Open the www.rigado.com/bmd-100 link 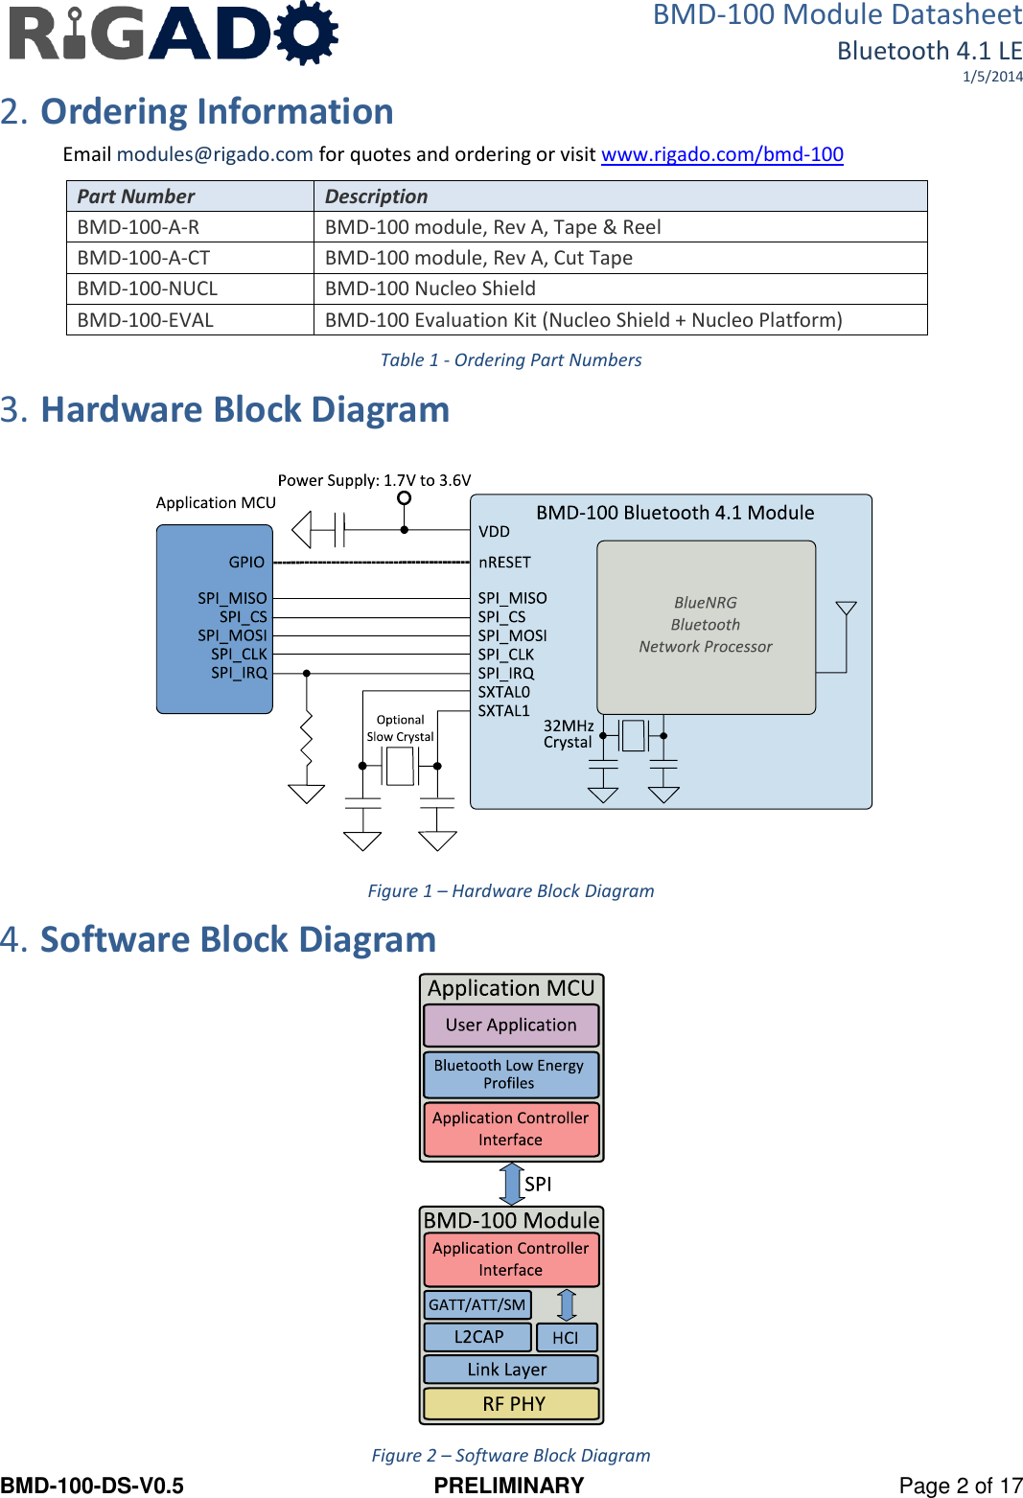coord(722,154)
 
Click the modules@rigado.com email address coord(215,154)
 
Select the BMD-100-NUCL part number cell coord(148,288)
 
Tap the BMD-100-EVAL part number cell coord(146,320)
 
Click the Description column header coord(377,196)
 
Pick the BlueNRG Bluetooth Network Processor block coord(706,626)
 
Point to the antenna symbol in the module coord(846,610)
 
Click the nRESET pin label coord(504,563)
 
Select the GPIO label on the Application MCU coord(246,563)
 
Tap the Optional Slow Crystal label coord(400,728)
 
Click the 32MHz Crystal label coord(569,734)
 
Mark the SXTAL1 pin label coord(503,711)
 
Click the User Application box coord(511,1026)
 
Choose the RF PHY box coord(512,1404)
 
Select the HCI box coord(566,1338)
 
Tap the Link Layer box coord(507,1370)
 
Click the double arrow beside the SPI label coord(512,1184)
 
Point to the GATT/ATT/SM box coord(477,1305)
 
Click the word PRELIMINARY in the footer coord(509,1486)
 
